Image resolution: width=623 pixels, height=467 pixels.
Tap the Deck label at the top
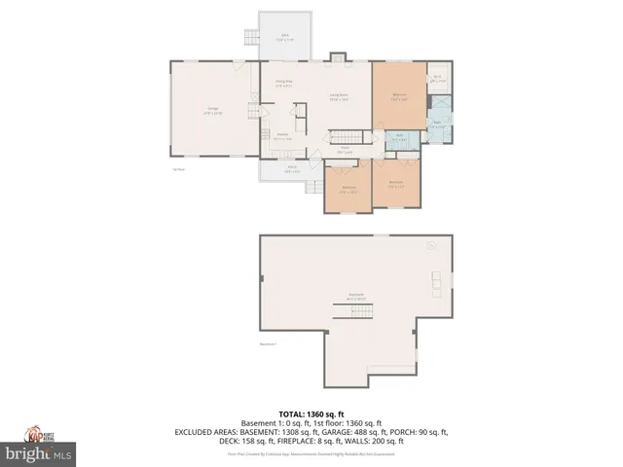(x=285, y=37)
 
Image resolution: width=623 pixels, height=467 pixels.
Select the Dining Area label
(x=284, y=85)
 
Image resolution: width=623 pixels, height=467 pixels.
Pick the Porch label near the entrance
(x=291, y=168)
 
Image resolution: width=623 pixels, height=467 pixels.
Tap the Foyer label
(x=344, y=150)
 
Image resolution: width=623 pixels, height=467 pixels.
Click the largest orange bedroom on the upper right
(x=399, y=95)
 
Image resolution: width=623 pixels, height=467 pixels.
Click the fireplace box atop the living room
(x=338, y=57)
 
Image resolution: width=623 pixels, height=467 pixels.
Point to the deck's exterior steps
(x=250, y=39)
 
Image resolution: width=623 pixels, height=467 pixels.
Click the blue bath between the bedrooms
(x=400, y=138)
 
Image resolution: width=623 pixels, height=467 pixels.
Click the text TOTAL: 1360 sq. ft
(x=311, y=413)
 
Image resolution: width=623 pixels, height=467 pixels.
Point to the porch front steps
(x=314, y=186)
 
